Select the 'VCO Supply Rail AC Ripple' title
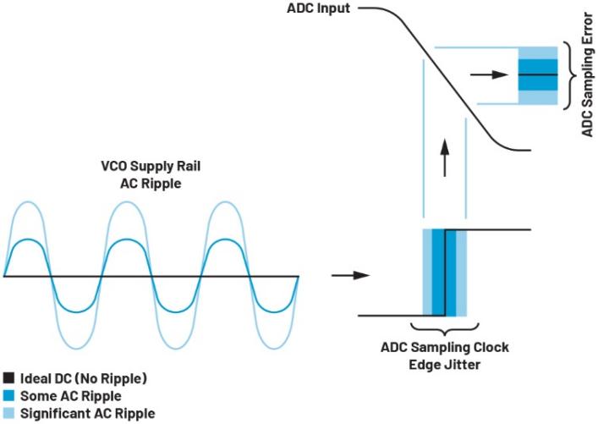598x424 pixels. click(151, 173)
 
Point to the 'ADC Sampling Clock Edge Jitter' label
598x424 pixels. click(445, 353)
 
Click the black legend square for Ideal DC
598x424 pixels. click(8, 378)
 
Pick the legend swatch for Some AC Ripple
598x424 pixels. click(8, 396)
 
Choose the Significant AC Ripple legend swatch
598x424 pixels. click(8, 413)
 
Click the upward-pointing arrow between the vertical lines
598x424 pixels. click(444, 157)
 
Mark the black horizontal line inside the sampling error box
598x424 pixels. click(538, 75)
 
